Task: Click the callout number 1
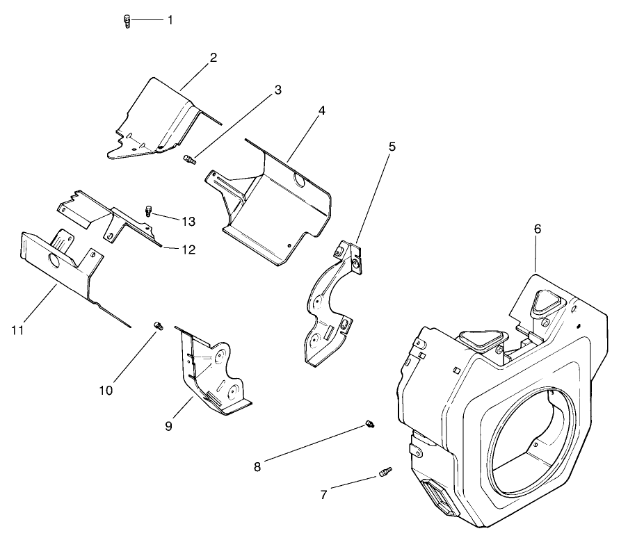[170, 20]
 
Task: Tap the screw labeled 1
[127, 22]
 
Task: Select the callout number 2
[213, 58]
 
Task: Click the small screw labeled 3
[189, 161]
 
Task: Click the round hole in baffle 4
[300, 181]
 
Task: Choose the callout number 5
[392, 147]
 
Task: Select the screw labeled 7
[383, 473]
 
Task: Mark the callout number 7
[323, 495]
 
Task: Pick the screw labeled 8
[370, 424]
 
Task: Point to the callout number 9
[168, 426]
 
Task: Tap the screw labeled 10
[158, 325]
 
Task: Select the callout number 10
[106, 391]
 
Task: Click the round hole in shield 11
[52, 260]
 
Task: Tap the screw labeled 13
[148, 211]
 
